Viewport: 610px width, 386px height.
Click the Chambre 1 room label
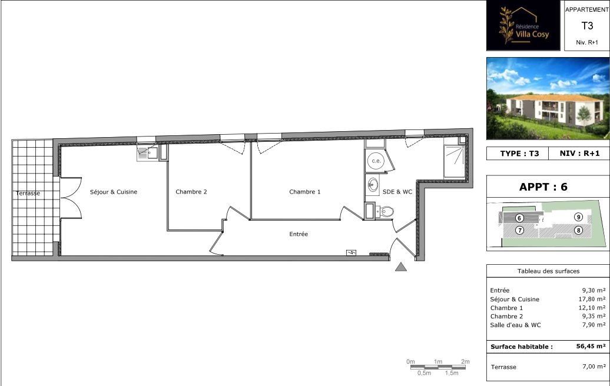304,192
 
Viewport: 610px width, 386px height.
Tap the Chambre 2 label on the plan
191,192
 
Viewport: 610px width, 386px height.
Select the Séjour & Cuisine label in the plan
114,192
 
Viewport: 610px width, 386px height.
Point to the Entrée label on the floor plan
299,234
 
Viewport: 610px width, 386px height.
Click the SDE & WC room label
397,192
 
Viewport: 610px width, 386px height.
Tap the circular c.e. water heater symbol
376,161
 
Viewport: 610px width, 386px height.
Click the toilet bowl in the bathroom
387,212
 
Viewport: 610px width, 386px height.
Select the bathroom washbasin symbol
373,184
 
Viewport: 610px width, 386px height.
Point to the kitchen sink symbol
147,153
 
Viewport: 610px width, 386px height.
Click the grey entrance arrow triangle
401,267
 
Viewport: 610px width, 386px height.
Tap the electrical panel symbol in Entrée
352,253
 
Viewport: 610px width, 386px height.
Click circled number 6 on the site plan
519,218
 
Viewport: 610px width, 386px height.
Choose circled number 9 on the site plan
578,217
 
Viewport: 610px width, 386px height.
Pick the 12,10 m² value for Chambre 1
592,308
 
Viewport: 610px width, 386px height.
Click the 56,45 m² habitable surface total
591,346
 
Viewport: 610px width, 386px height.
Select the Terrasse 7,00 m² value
594,366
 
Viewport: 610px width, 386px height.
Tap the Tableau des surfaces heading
548,271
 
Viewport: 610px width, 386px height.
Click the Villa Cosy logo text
532,34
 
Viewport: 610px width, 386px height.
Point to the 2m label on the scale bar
465,361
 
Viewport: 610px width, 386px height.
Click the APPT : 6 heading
543,187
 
